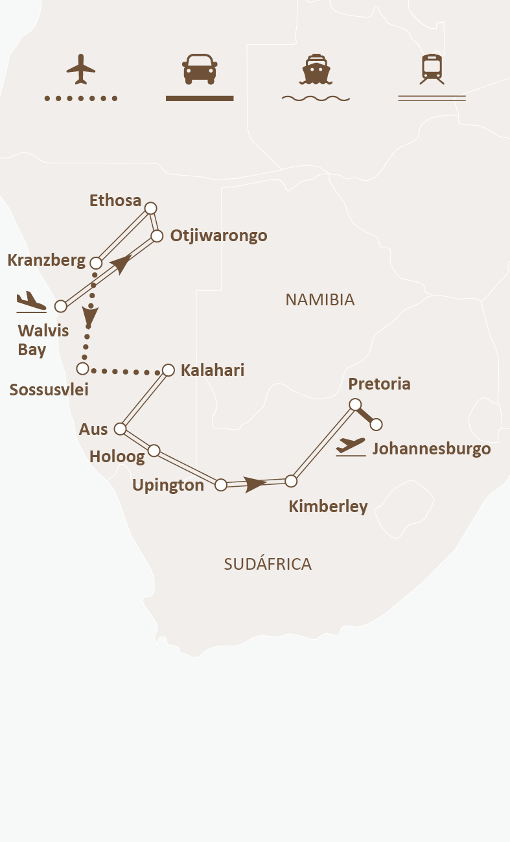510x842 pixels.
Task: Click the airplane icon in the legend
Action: pyautogui.click(x=81, y=69)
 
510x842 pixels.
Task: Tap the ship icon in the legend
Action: pyautogui.click(x=316, y=69)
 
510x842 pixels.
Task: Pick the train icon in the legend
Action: pyautogui.click(x=432, y=69)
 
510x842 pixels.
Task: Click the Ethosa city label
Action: pyautogui.click(x=115, y=201)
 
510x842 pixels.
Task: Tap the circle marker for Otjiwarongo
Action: pyautogui.click(x=157, y=236)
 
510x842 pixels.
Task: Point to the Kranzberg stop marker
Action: pyautogui.click(x=96, y=263)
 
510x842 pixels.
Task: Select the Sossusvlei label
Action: pyautogui.click(x=49, y=390)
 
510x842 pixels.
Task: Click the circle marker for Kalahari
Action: pyautogui.click(x=168, y=370)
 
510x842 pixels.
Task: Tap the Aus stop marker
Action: pyautogui.click(x=120, y=428)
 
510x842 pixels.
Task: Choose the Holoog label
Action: pyautogui.click(x=117, y=456)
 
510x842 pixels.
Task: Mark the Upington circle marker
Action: pyautogui.click(x=221, y=484)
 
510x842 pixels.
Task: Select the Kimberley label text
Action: pyautogui.click(x=328, y=506)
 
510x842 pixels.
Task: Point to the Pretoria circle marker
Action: pyautogui.click(x=355, y=404)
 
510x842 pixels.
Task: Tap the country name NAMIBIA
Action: pyautogui.click(x=320, y=299)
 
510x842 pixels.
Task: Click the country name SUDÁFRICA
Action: pyautogui.click(x=268, y=564)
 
